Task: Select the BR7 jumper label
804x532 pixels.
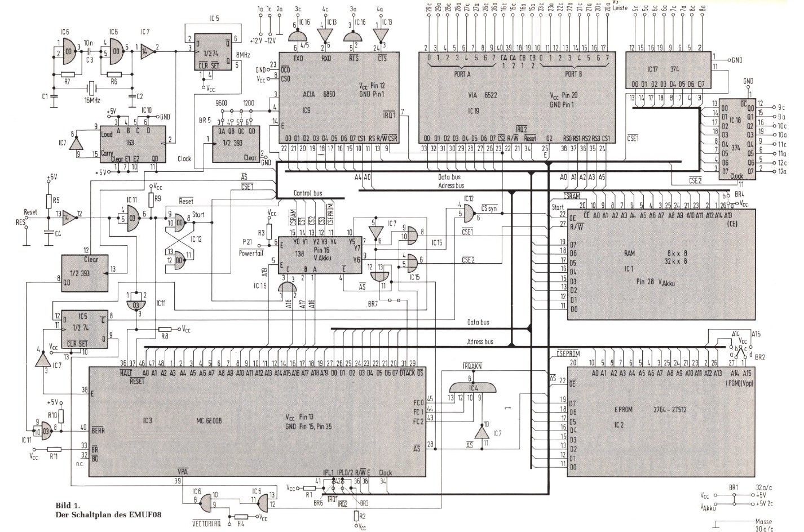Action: tap(373, 304)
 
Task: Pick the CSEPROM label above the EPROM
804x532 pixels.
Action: tap(568, 353)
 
